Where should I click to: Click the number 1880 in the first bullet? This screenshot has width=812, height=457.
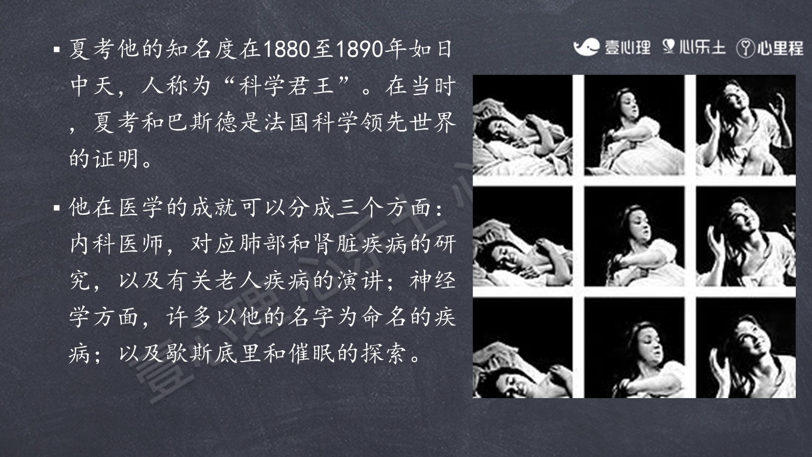click(287, 49)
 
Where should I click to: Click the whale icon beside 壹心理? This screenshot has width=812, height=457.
click(586, 47)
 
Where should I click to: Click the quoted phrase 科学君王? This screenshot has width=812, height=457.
click(287, 86)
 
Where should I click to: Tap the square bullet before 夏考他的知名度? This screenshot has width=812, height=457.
click(56, 49)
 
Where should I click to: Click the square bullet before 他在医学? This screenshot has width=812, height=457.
click(56, 208)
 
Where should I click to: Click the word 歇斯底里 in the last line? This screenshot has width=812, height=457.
click(214, 353)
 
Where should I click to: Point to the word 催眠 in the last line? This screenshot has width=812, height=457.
click(311, 353)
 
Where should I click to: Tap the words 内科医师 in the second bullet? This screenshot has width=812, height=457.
click(117, 244)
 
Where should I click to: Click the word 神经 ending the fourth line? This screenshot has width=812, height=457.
click(432, 280)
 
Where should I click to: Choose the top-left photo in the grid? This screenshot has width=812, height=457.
click(522, 125)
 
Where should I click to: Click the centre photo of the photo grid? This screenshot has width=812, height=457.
click(634, 237)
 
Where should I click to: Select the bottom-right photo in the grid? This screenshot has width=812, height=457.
click(746, 348)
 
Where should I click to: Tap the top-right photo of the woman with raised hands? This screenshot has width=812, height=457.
click(746, 125)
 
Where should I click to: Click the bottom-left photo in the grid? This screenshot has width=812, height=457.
click(522, 348)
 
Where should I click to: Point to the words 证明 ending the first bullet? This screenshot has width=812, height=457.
click(117, 159)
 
